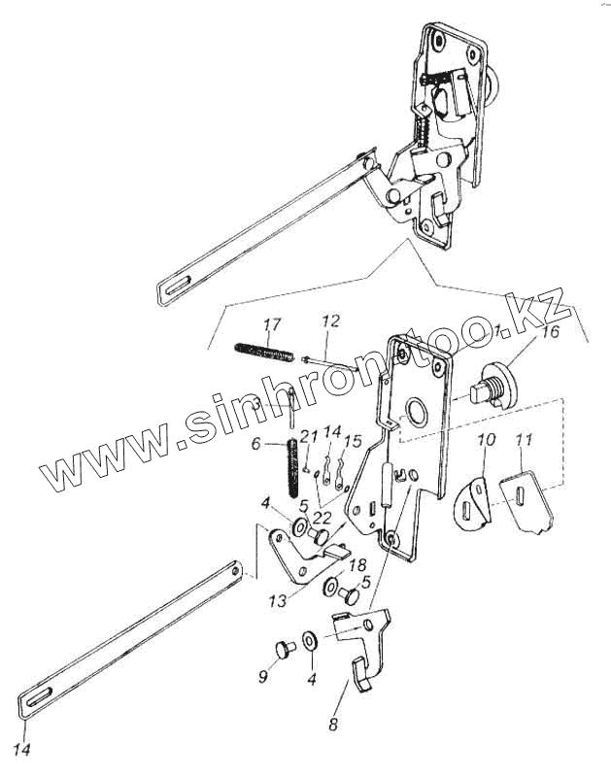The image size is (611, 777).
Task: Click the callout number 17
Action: pos(273,324)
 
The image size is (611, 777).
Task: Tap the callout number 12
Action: pos(332,321)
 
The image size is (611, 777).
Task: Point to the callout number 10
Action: pos(487,440)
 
